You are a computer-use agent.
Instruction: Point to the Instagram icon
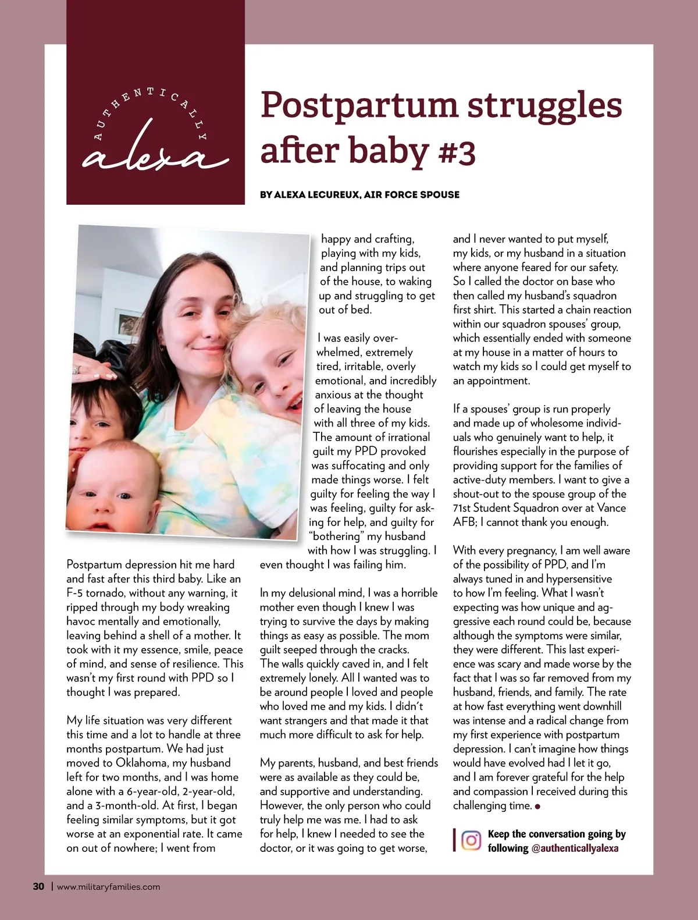pyautogui.click(x=471, y=841)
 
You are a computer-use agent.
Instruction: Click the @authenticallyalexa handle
pyautogui.click(x=575, y=848)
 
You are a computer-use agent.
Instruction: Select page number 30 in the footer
pyautogui.click(x=38, y=887)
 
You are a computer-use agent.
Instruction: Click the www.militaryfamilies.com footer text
pyautogui.click(x=109, y=887)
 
